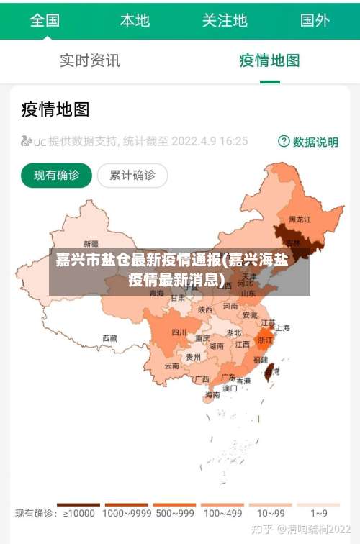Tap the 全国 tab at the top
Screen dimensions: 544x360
coord(45,20)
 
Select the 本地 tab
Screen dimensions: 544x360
coord(135,20)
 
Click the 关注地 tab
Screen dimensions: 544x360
coord(225,20)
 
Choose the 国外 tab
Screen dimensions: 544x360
coord(315,20)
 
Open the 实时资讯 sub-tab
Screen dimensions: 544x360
coord(90,60)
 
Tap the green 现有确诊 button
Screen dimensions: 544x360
coord(56,175)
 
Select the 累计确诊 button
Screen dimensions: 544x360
coord(132,175)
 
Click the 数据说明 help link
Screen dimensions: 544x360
coord(308,142)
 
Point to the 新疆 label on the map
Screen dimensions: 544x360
coord(91,243)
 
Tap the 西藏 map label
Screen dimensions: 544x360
coord(109,337)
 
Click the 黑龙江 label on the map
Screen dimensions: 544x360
coord(300,219)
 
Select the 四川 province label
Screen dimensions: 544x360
coord(179,332)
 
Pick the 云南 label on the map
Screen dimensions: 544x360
coord(172,366)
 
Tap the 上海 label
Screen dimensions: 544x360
coord(282,327)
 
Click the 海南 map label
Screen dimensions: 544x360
coord(212,394)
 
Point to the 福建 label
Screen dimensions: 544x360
coord(259,359)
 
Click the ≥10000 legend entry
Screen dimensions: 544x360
coord(78,513)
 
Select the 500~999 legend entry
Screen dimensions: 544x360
coord(175,513)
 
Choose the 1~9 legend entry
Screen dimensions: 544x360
coord(319,513)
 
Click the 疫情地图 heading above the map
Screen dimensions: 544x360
coord(55,109)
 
